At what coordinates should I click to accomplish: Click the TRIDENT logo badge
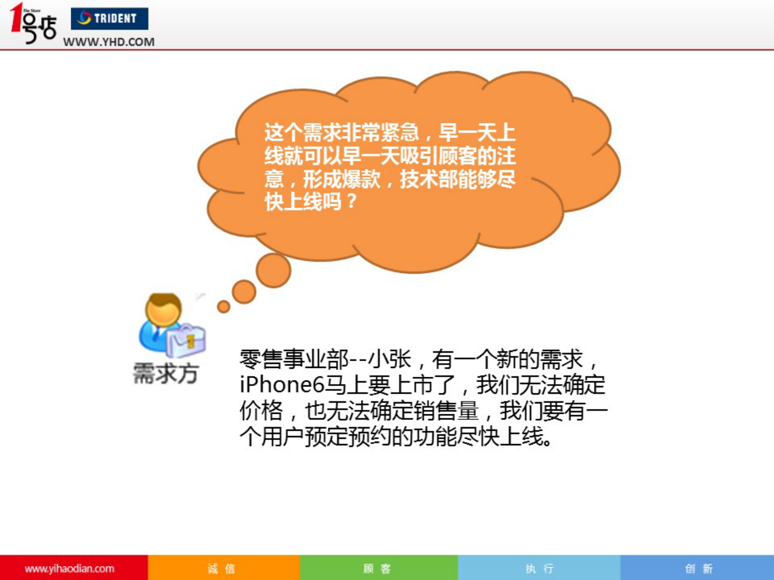click(x=109, y=19)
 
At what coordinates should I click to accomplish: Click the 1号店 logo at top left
click(x=33, y=23)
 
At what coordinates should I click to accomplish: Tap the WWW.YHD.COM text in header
click(x=109, y=42)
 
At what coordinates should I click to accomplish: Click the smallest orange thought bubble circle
click(x=223, y=306)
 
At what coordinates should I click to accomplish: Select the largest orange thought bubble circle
click(x=273, y=270)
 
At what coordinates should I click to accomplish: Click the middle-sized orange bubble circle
click(x=244, y=291)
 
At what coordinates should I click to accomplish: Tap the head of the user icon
click(x=163, y=309)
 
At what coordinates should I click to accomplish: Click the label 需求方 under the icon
click(x=166, y=374)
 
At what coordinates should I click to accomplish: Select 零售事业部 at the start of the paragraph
click(x=294, y=360)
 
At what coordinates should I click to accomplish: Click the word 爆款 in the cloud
click(x=361, y=178)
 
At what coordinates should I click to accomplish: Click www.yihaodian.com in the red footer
click(x=69, y=568)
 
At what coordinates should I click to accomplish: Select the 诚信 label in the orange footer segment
click(x=221, y=568)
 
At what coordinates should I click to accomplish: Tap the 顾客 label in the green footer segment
click(x=377, y=568)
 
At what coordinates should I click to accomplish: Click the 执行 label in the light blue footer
click(x=539, y=568)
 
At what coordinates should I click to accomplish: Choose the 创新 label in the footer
click(x=698, y=568)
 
